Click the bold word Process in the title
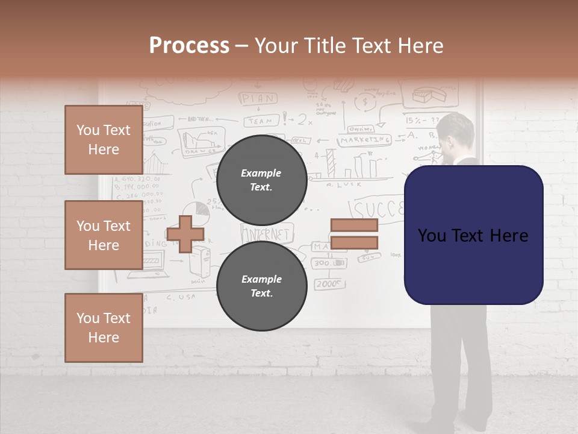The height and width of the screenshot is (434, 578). point(189,45)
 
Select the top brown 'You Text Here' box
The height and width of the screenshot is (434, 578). point(104,140)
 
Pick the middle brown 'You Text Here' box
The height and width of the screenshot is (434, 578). point(104,235)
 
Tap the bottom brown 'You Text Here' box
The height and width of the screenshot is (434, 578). point(104,328)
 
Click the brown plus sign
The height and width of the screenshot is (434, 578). point(185,234)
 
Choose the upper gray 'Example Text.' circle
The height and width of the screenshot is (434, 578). point(261,180)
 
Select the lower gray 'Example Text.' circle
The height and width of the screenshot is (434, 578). point(261,286)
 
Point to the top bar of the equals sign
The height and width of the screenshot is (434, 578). point(355,225)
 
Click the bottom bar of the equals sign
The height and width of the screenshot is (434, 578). point(355,243)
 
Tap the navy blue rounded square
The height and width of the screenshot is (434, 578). point(473,235)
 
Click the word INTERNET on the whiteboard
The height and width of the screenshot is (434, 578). point(266,233)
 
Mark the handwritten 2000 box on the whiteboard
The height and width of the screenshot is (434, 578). point(329,283)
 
